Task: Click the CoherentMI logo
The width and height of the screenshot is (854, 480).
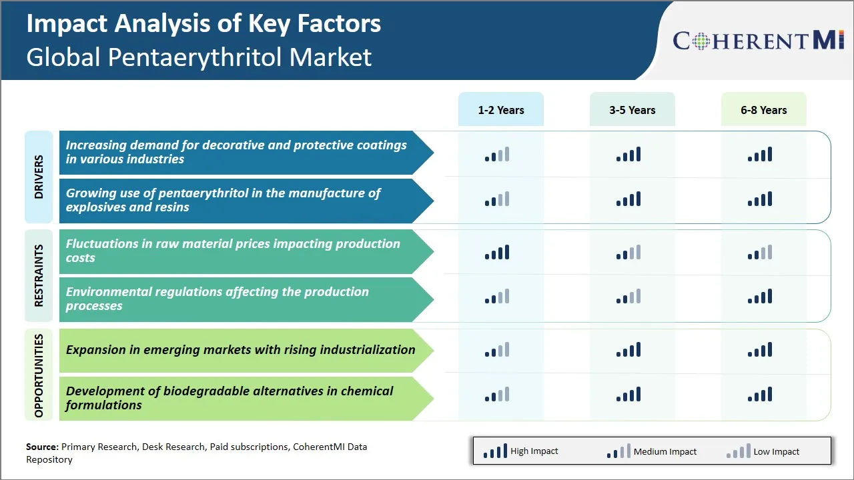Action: tap(759, 41)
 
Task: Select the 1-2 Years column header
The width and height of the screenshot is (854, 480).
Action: tap(500, 110)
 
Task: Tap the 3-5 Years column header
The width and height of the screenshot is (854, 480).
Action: tap(632, 110)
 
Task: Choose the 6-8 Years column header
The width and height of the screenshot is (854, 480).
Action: tap(763, 110)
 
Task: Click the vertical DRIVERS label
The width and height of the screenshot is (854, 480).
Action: tap(39, 177)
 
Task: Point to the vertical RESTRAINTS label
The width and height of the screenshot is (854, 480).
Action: tap(39, 276)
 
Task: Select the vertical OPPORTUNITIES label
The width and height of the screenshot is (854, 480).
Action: tap(39, 375)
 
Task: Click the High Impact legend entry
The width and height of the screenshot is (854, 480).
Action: tap(520, 451)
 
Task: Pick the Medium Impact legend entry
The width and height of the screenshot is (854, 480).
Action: tap(651, 451)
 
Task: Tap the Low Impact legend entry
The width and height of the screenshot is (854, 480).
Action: tap(763, 451)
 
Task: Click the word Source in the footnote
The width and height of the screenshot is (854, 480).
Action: tap(41, 447)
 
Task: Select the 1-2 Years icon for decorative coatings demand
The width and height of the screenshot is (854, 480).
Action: tap(497, 155)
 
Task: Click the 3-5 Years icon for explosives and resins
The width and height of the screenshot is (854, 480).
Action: tap(628, 199)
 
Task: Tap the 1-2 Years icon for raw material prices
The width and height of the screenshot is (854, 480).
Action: tap(497, 252)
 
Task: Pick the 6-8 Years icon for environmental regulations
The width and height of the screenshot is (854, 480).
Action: tap(760, 296)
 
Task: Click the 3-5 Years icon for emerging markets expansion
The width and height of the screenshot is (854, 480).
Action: tap(628, 349)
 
